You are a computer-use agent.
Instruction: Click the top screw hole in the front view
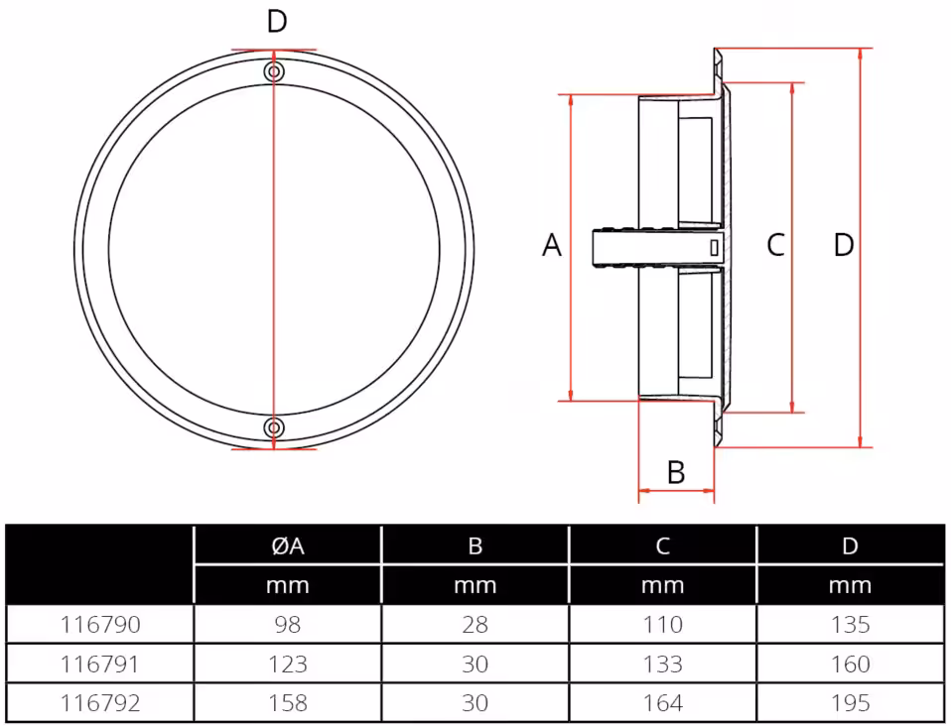coord(274,71)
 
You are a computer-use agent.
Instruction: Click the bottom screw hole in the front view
coord(274,427)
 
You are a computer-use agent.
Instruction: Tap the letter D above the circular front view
coord(277,22)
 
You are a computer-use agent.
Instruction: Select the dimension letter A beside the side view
coord(552,245)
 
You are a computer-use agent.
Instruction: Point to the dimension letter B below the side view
coord(676,472)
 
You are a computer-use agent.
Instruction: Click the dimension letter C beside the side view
coord(776,245)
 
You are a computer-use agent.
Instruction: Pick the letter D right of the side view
coord(844,245)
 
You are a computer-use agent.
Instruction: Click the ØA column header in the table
coord(288,546)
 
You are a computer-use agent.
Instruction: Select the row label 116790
coord(100,625)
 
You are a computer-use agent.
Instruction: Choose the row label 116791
coord(100,665)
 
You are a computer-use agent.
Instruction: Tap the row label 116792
coord(100,703)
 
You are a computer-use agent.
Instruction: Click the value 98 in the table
coord(288,625)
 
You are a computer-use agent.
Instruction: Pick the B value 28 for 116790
coord(475,625)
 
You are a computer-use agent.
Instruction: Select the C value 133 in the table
coord(663,665)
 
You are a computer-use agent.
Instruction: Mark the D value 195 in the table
coord(851,703)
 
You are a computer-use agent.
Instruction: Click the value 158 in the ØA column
coord(288,703)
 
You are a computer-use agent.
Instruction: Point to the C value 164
coord(663,703)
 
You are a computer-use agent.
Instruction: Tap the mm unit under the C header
coord(663,585)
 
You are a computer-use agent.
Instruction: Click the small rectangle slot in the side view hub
coord(714,248)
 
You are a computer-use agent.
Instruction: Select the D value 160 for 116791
coord(851,665)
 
